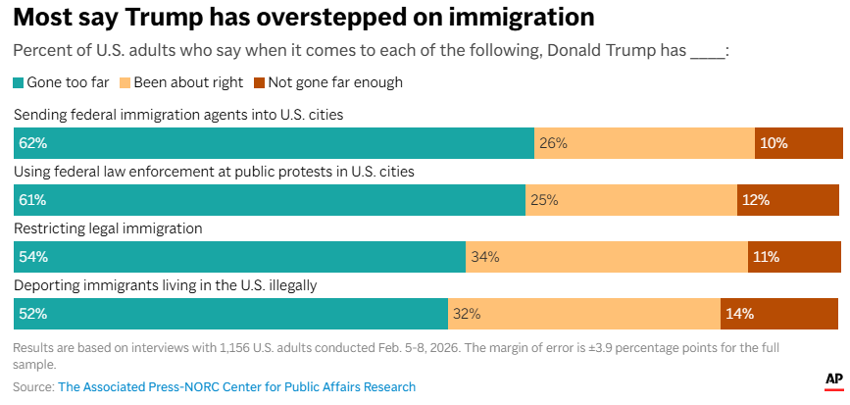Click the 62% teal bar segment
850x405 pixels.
pyautogui.click(x=274, y=143)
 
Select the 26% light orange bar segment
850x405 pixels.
pyautogui.click(x=644, y=143)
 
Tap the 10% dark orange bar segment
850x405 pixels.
pyautogui.click(x=798, y=143)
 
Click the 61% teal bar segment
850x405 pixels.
pyautogui.click(x=270, y=200)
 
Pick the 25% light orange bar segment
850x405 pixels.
pyautogui.click(x=631, y=200)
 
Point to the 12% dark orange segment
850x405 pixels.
pyautogui.click(x=787, y=200)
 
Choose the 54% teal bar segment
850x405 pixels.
pyautogui.click(x=239, y=257)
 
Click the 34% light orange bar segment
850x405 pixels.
pyautogui.click(x=607, y=257)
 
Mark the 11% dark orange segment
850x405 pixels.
pyautogui.click(x=792, y=257)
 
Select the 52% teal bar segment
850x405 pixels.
pyautogui.click(x=230, y=314)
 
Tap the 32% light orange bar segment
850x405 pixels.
pyautogui.click(x=584, y=314)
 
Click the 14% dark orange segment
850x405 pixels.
pyautogui.click(x=778, y=314)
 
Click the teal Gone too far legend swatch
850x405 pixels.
pyautogui.click(x=19, y=82)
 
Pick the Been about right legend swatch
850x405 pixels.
pyautogui.click(x=124, y=82)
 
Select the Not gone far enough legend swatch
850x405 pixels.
pyautogui.click(x=259, y=82)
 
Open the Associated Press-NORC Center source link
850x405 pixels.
pyautogui.click(x=236, y=386)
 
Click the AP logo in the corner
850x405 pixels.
pyautogui.click(x=833, y=379)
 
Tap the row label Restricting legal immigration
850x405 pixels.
pyautogui.click(x=108, y=228)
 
